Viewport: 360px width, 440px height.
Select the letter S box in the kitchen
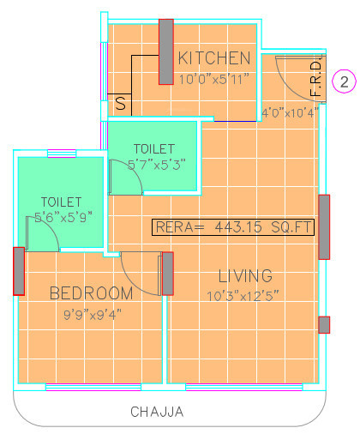(x=121, y=104)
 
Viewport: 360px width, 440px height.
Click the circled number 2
(x=344, y=82)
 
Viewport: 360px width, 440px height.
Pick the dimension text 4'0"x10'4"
(x=289, y=112)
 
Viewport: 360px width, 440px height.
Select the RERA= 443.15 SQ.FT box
(x=233, y=227)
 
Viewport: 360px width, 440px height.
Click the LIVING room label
(x=245, y=276)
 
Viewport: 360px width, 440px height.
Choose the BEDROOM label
(x=91, y=293)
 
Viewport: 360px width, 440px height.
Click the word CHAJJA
(x=157, y=412)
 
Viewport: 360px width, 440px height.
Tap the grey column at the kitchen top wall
(x=165, y=51)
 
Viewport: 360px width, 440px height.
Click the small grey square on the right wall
(x=323, y=324)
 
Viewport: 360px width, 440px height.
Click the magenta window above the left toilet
(x=61, y=154)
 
